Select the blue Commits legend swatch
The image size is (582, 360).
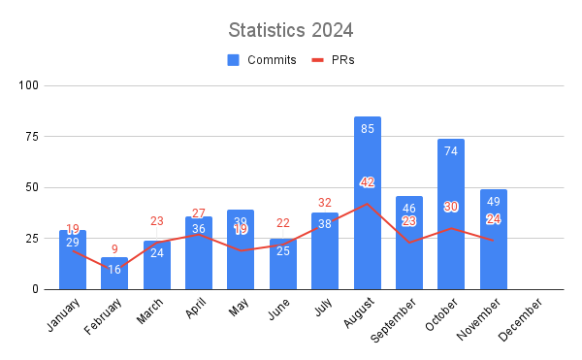[234, 60]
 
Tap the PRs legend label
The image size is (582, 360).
[341, 60]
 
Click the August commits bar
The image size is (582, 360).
[368, 203]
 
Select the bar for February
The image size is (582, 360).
[114, 273]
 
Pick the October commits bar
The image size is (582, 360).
[451, 214]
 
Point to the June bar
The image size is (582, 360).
[283, 264]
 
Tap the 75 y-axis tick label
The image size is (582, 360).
[32, 137]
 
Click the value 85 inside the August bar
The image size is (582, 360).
[368, 129]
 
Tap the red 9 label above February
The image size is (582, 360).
[114, 248]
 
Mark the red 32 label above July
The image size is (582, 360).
[325, 203]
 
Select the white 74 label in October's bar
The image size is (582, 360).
[451, 151]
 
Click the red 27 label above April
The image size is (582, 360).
[199, 213]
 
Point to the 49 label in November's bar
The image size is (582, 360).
[493, 202]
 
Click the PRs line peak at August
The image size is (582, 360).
[368, 204]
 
